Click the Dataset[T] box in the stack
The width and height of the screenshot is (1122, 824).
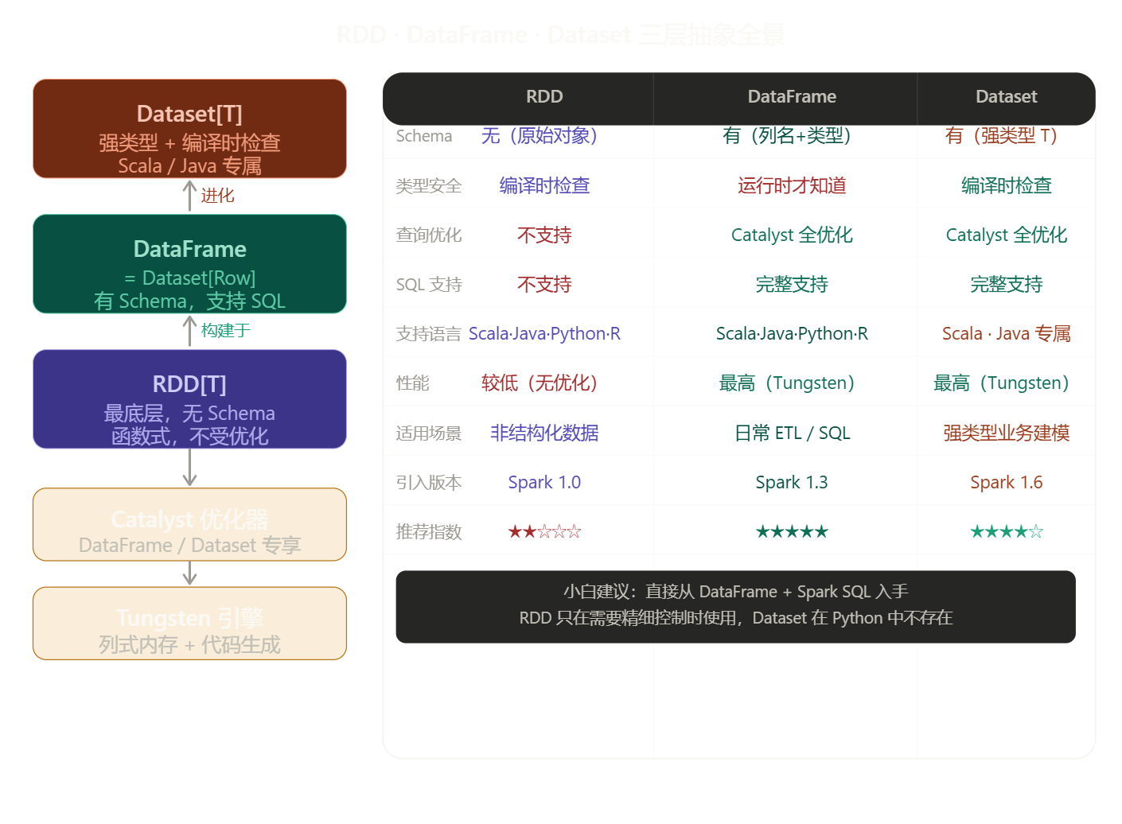tap(189, 129)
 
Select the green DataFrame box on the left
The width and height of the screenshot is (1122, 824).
tap(189, 264)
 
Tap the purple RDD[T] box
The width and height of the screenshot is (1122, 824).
tap(189, 399)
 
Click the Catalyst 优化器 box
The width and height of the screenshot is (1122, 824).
tap(189, 525)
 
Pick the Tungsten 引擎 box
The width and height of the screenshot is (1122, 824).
tap(189, 624)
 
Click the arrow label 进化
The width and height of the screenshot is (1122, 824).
tap(217, 196)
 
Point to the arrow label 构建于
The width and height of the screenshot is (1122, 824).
tap(225, 331)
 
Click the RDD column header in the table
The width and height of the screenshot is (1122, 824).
tap(544, 97)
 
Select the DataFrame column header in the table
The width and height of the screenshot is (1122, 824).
tap(792, 97)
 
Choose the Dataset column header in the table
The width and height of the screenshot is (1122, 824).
tap(1006, 97)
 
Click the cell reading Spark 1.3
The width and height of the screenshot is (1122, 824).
tap(792, 483)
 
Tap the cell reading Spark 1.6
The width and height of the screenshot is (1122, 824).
tap(1006, 483)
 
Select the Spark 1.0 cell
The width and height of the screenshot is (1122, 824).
tap(544, 483)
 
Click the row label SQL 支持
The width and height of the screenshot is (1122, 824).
tap(429, 285)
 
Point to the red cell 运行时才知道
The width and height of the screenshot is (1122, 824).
tap(792, 186)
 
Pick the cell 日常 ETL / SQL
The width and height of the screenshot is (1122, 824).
tap(792, 433)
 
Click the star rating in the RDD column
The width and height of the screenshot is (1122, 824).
tap(544, 532)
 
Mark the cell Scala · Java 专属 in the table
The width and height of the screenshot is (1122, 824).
tap(1006, 334)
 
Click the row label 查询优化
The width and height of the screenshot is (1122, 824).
tap(429, 235)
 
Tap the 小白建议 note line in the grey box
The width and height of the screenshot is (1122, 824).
tap(735, 592)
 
